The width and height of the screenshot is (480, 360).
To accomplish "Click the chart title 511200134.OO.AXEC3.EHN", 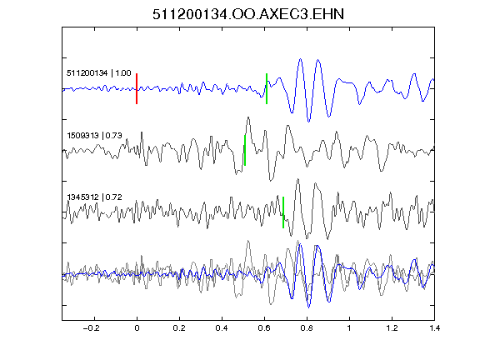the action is tap(248, 14).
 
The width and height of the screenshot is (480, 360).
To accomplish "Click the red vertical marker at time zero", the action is tap(137, 89).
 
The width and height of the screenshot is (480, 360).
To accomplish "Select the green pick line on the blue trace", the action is tap(267, 89).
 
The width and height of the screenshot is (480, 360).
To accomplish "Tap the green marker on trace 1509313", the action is tap(245, 150).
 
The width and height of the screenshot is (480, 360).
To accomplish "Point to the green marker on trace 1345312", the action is tap(283, 212).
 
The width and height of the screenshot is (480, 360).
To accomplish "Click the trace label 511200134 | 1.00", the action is tap(99, 73).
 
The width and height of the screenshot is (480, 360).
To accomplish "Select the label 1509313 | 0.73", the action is tap(94, 135).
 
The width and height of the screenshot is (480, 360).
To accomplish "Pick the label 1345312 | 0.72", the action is tap(94, 197).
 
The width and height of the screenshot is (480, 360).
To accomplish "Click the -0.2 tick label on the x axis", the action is tap(92, 328).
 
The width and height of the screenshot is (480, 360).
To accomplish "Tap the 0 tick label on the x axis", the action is tap(137, 328).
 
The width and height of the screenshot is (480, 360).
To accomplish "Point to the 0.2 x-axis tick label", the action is tap(179, 328).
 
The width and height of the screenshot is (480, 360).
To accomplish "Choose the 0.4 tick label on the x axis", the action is tap(222, 328).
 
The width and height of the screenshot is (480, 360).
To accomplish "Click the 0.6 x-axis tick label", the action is tap(264, 328).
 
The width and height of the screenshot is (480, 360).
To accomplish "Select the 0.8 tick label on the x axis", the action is tap(307, 328).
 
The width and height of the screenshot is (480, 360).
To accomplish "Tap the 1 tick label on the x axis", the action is tap(349, 328).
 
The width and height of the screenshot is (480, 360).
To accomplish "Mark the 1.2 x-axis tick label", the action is tap(392, 328).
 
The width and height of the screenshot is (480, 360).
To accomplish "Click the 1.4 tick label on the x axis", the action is tap(434, 328).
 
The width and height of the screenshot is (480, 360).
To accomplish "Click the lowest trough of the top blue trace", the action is tap(308, 122).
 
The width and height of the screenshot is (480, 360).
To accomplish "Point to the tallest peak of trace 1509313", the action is tap(248, 117).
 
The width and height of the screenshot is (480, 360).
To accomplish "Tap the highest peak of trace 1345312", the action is tap(297, 179).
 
